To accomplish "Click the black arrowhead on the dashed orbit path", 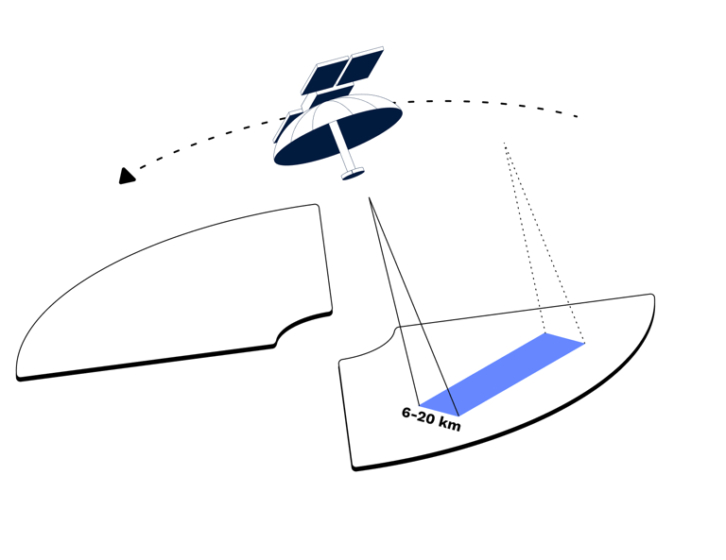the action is (127, 177).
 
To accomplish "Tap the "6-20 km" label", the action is (431, 419).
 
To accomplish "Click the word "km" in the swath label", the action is (449, 423).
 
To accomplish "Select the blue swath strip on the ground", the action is (502, 375).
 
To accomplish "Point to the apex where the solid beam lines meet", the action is (369, 197).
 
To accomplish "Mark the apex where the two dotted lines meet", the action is (504, 143).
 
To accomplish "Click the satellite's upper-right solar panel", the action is (361, 66).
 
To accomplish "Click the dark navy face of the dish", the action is (338, 136).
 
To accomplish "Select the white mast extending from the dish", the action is (341, 145).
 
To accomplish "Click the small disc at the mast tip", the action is (353, 174).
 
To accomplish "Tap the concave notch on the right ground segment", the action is (371, 346).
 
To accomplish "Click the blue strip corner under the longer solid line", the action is (458, 416).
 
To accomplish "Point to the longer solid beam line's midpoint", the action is (414, 307).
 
